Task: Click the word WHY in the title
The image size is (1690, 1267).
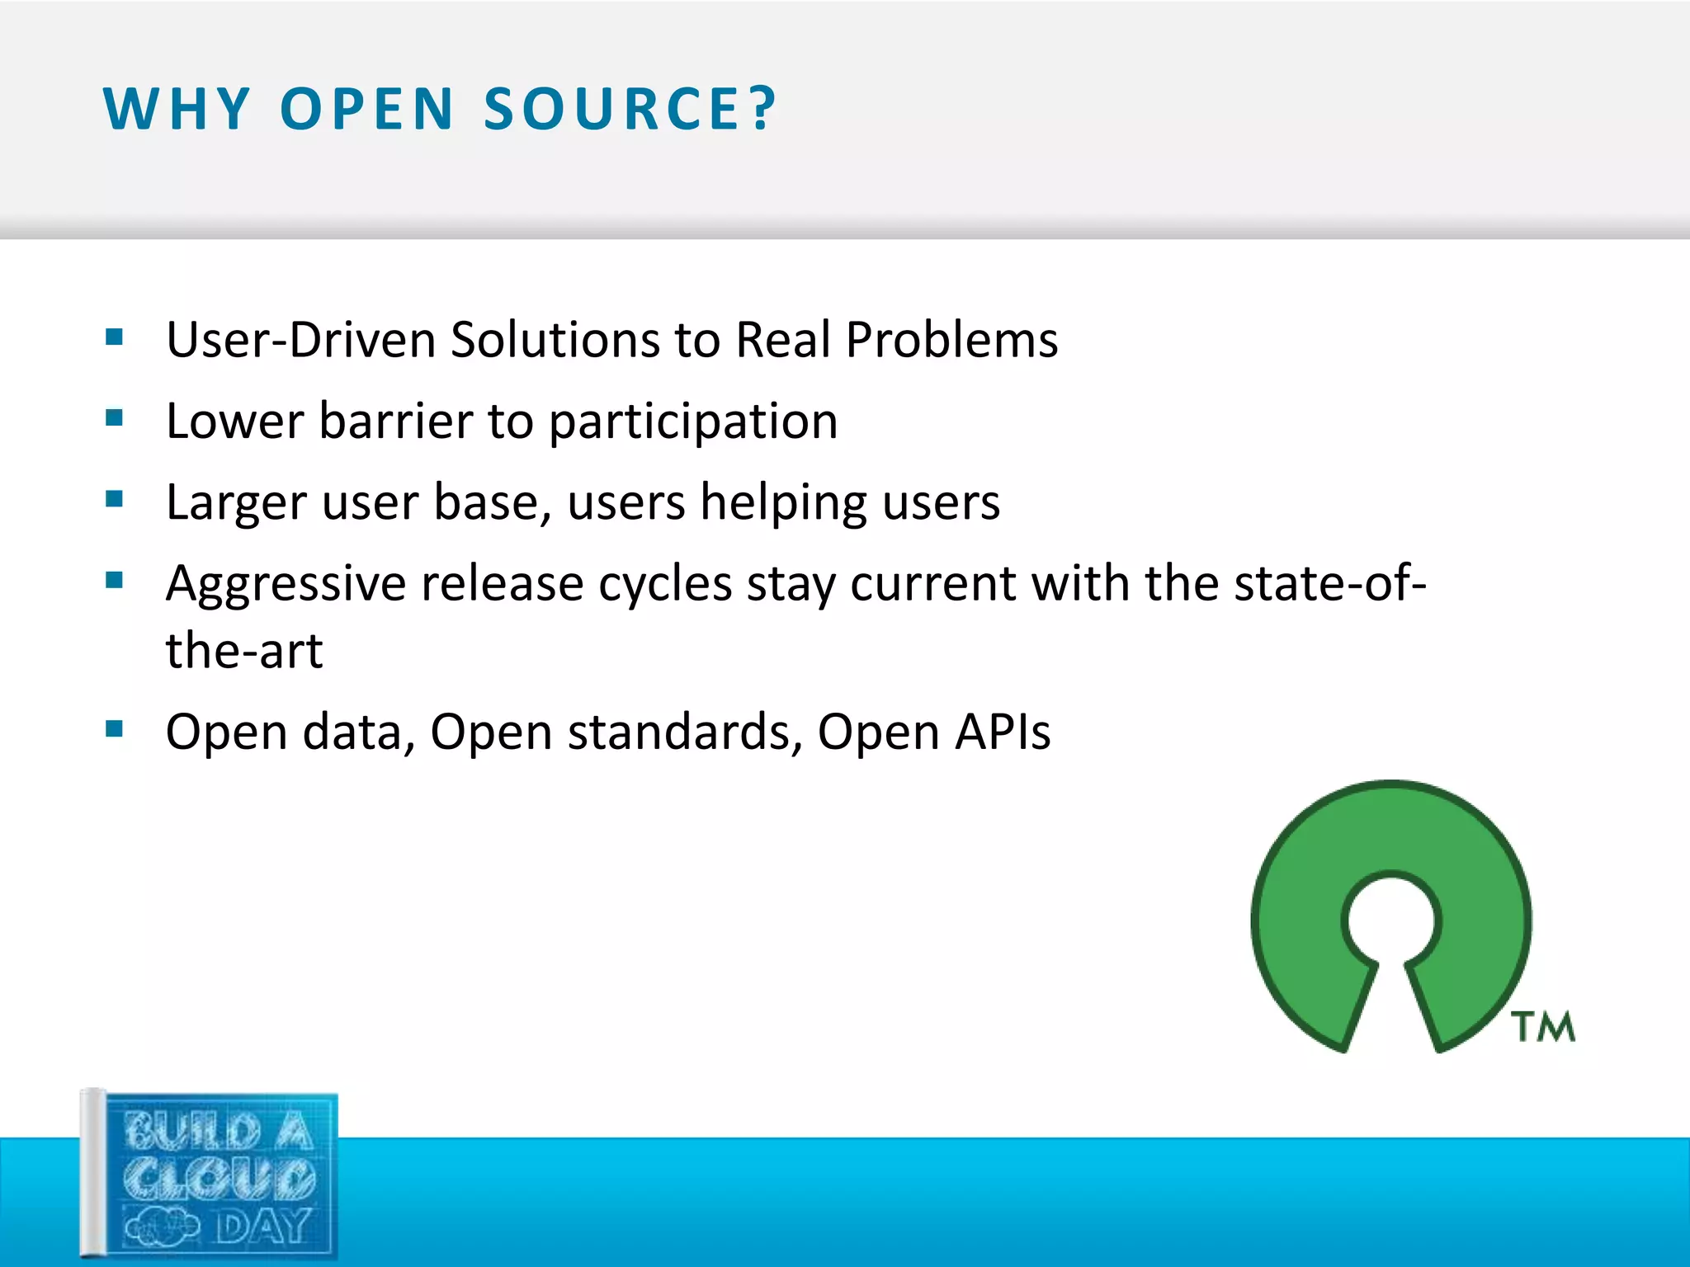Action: coord(176,109)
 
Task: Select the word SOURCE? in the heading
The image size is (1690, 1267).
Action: coord(630,109)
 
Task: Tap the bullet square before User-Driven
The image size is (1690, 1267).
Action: coord(114,337)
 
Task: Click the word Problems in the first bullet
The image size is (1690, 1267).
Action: coord(951,340)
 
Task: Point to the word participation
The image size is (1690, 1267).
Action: coord(693,422)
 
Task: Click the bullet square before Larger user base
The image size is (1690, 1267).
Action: coord(114,499)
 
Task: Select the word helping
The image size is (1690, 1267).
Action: coord(783,503)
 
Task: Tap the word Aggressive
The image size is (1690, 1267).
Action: coord(286,584)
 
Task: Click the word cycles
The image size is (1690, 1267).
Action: coord(664,584)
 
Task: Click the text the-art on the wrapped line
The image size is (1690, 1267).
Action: coord(243,650)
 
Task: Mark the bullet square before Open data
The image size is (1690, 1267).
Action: coord(114,728)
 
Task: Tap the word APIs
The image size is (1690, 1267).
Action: coord(1003,732)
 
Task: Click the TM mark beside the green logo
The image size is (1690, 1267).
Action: coord(1542,1027)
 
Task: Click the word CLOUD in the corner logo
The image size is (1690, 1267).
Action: coord(220,1178)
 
